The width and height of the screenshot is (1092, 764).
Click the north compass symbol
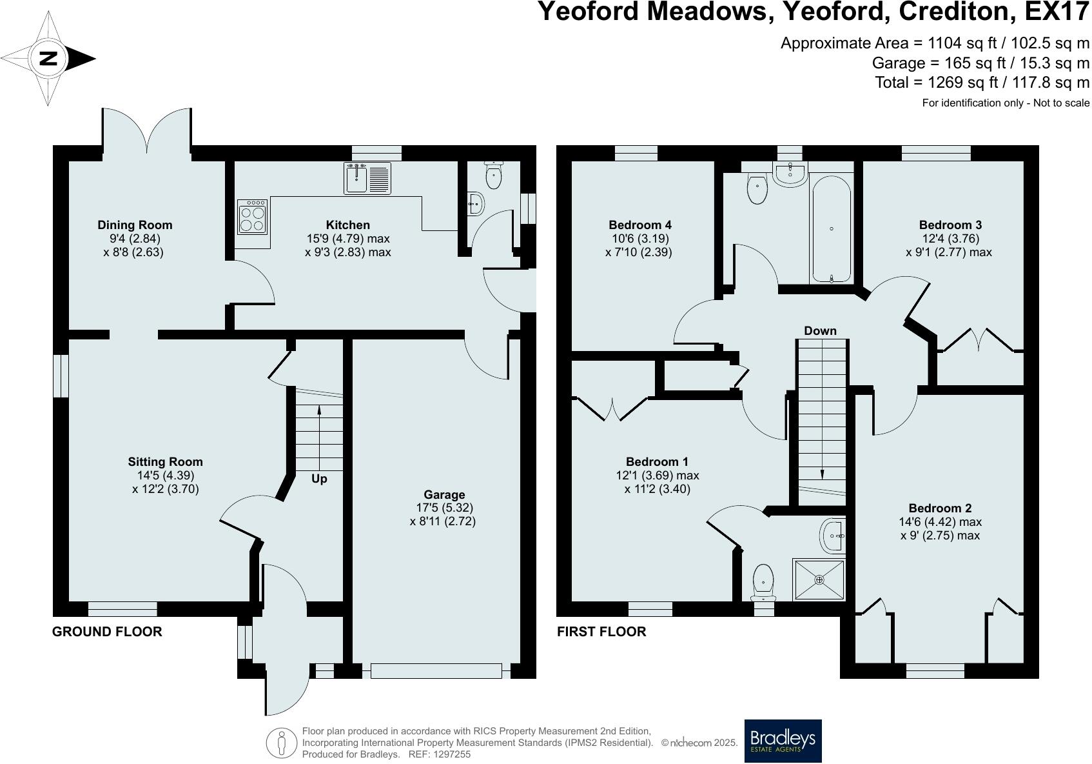[x=49, y=59]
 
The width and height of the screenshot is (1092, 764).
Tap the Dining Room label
[x=135, y=225]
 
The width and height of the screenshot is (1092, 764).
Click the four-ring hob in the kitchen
[x=253, y=217]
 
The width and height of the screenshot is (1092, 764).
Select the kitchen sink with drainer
[x=367, y=178]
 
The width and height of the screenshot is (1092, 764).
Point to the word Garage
[x=444, y=495]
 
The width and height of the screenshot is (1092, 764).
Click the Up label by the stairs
[x=319, y=479]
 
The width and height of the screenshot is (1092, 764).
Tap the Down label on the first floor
[x=820, y=331]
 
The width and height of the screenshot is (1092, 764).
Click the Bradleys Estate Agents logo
[x=783, y=741]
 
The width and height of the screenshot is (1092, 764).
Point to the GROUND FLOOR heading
[x=107, y=632]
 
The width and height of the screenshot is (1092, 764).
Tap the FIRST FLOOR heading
[x=601, y=632]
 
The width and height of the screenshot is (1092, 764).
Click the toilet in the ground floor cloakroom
[x=494, y=175]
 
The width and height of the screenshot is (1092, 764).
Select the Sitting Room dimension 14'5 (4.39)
[x=166, y=476]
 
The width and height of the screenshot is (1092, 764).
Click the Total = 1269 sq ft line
[x=982, y=83]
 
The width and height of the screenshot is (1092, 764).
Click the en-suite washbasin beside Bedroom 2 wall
[x=834, y=536]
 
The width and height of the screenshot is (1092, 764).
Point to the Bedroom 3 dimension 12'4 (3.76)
[x=950, y=239]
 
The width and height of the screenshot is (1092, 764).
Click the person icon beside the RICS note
[x=281, y=743]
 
